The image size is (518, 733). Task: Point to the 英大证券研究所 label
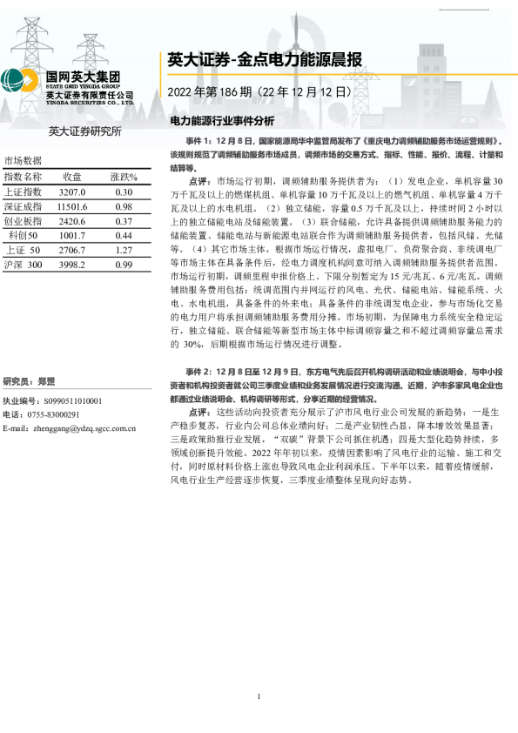tap(84, 131)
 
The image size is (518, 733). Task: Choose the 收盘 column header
tap(72, 177)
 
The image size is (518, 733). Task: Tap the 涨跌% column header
tap(124, 177)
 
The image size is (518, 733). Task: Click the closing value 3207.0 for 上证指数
tap(72, 192)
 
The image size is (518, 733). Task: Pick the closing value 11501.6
tap(72, 206)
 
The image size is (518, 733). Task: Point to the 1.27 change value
tap(124, 250)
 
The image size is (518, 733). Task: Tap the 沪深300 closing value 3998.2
tap(72, 265)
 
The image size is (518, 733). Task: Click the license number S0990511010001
tap(66, 400)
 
